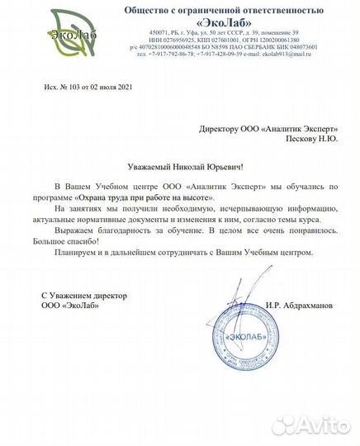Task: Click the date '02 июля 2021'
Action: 110,87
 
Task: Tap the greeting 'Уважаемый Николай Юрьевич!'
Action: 178,168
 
